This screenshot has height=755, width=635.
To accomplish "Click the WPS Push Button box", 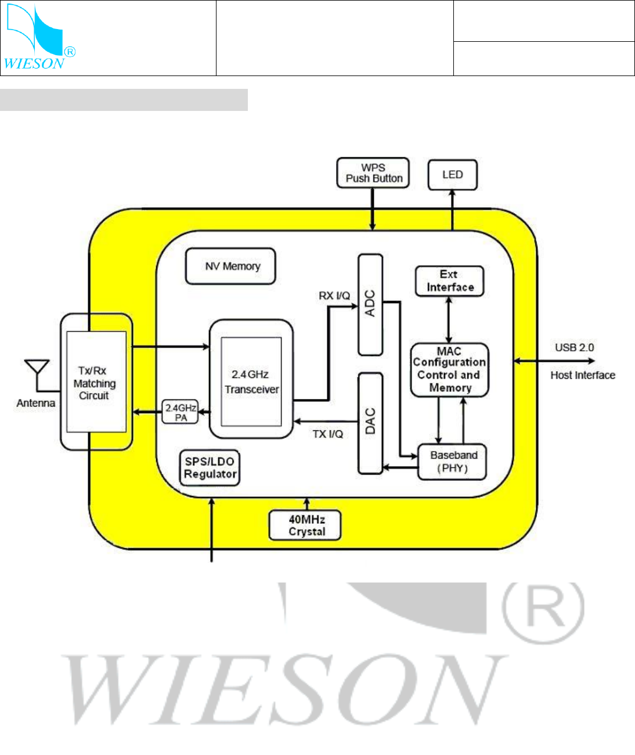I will pyautogui.click(x=373, y=173).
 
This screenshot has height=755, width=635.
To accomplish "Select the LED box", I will pyautogui.click(x=452, y=175).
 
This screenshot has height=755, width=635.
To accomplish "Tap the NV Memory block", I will pyautogui.click(x=230, y=267).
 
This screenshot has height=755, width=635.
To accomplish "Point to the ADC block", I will pyautogui.click(x=370, y=304).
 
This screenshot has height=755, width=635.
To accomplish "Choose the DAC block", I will pyautogui.click(x=370, y=422).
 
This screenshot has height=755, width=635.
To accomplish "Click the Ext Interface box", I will pyautogui.click(x=449, y=281).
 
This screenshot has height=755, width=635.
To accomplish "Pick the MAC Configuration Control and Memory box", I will pyautogui.click(x=449, y=370).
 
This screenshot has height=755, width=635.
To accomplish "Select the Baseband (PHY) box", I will pyautogui.click(x=452, y=462).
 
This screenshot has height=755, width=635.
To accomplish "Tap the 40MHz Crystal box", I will pyautogui.click(x=305, y=526).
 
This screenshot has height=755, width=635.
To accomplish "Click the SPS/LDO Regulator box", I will pyautogui.click(x=210, y=468).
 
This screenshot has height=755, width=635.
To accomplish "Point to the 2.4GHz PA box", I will pyautogui.click(x=180, y=412).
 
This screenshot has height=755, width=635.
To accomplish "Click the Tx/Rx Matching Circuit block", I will pyautogui.click(x=96, y=382).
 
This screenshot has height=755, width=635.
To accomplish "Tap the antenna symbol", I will pyautogui.click(x=37, y=372).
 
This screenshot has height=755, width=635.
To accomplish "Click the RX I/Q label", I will pyautogui.click(x=334, y=296).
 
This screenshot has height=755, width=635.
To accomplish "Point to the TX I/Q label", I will pyautogui.click(x=327, y=434).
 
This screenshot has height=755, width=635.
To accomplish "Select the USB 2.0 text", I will pyautogui.click(x=574, y=347).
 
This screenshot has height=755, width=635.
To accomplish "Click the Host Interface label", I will pyautogui.click(x=582, y=375).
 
